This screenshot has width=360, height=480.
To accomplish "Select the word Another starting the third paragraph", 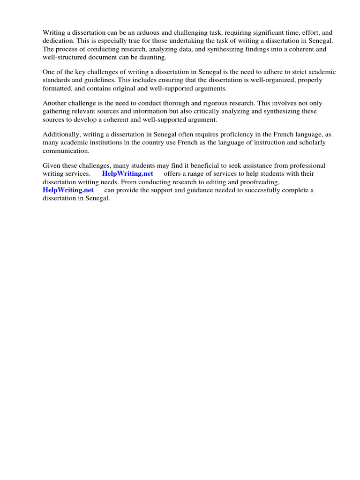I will pyautogui.click(x=55, y=103).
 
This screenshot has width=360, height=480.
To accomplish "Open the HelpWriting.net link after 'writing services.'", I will pyautogui.click(x=127, y=173).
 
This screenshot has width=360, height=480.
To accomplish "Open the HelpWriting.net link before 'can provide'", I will pyautogui.click(x=68, y=190).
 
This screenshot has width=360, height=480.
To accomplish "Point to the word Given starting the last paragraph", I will pyautogui.click(x=52, y=165).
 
